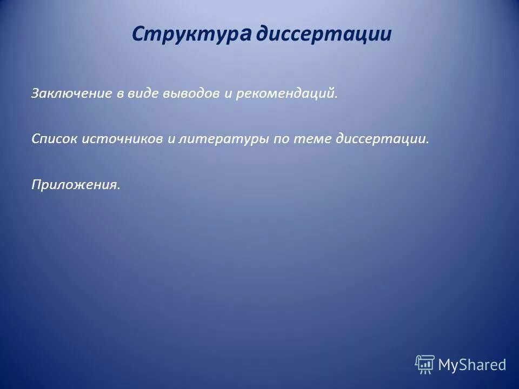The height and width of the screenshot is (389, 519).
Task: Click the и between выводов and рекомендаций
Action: (228, 95)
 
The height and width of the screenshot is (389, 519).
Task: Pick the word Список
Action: (54, 139)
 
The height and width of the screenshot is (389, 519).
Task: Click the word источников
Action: (122, 139)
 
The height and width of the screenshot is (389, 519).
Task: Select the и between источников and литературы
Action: (170, 140)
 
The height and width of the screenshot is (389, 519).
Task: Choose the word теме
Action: (312, 139)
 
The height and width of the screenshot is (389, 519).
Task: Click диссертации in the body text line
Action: (382, 139)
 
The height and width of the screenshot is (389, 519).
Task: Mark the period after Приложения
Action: (118, 189)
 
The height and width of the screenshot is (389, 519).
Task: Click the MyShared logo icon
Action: (424, 365)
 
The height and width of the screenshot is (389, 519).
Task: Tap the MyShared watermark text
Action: (472, 365)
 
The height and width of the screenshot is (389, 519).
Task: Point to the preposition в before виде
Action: (121, 95)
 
